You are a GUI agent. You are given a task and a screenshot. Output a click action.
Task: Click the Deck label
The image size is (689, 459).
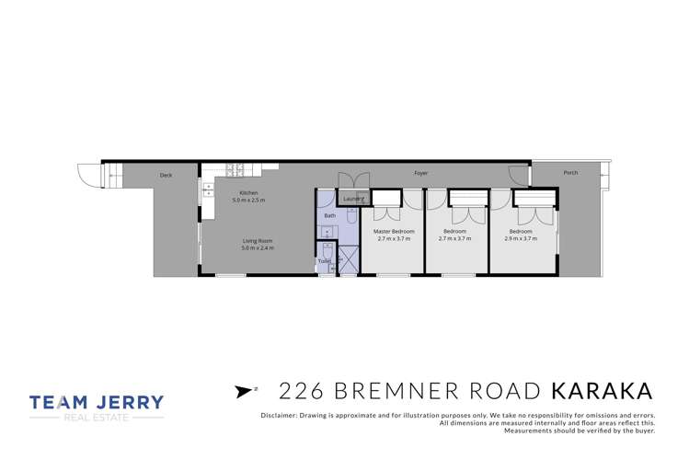(x=166, y=175)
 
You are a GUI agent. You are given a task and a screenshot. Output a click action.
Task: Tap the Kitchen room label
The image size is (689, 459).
(x=236, y=192)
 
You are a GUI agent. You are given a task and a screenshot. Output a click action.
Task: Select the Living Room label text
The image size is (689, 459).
(x=257, y=241)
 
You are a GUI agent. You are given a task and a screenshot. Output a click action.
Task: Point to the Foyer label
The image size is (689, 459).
(x=420, y=172)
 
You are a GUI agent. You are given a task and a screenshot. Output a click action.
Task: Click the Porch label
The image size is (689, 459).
(x=571, y=172)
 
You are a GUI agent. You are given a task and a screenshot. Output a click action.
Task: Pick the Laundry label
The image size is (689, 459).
(x=353, y=198)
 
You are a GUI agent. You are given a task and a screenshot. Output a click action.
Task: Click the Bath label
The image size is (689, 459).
(x=329, y=215)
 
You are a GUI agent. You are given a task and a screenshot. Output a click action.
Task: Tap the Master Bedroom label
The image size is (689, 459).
(x=396, y=231)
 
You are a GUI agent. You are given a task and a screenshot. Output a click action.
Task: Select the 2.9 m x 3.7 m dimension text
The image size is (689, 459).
(x=521, y=238)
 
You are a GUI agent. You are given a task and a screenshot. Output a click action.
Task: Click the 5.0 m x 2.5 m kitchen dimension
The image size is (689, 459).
(x=247, y=200)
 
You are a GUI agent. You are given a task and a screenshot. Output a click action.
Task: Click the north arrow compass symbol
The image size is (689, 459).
(x=243, y=391)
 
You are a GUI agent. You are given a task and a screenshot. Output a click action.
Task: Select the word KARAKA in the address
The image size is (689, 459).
(x=602, y=390)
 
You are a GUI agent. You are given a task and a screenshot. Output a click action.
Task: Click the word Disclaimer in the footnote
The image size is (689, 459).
(x=277, y=416)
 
